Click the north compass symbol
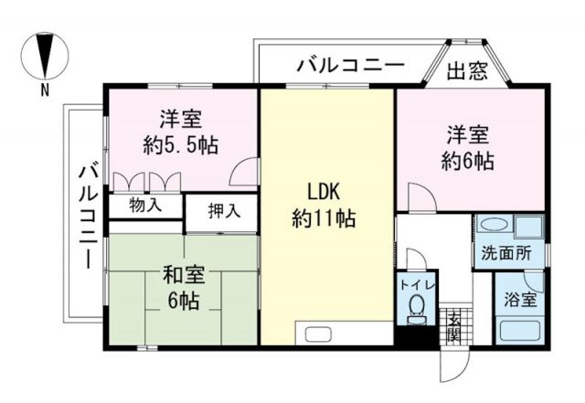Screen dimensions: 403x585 tap(45, 56)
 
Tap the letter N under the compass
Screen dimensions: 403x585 tap(45, 90)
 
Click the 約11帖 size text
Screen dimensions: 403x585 tap(324, 219)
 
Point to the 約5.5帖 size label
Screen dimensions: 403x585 tap(180, 144)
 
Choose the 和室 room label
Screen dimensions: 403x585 tap(185, 274)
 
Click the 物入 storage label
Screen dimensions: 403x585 tap(145, 205)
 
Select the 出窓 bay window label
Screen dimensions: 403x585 tap(465, 71)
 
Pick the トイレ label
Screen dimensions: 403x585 tap(416, 284)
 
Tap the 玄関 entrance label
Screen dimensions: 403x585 tap(454, 324)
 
